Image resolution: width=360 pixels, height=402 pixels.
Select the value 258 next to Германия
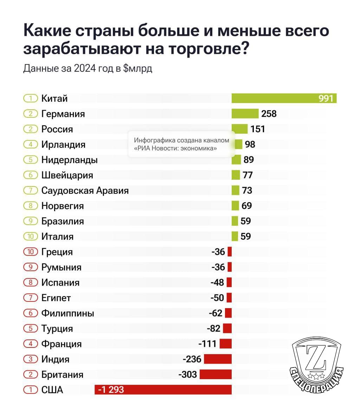(269, 114)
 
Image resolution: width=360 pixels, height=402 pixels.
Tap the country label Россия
(57, 129)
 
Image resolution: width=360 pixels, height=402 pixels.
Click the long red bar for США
(163, 390)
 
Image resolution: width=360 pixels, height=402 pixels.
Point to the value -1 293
(111, 390)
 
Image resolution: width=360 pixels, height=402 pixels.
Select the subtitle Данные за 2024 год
(88, 68)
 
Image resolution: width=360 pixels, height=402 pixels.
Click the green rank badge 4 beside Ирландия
(30, 144)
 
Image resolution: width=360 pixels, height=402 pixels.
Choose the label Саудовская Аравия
(85, 190)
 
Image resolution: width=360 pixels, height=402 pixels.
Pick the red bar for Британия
(216, 374)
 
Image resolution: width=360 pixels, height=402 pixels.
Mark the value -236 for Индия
(192, 359)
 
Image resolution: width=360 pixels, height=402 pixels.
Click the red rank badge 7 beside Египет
(30, 298)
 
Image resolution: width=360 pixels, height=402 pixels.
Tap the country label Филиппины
(67, 313)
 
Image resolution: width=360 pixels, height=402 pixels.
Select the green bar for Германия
(245, 114)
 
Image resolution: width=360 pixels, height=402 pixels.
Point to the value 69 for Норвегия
(247, 206)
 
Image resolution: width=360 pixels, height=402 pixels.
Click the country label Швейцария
(67, 175)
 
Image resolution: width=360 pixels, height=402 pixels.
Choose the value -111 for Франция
(207, 344)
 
